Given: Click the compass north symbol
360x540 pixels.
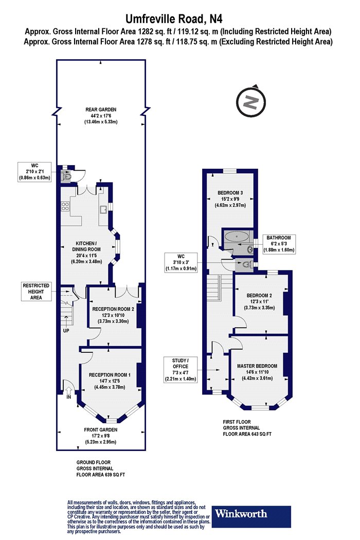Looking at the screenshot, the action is pos(251,102).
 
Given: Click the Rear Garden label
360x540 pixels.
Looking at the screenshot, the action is pos(101,116).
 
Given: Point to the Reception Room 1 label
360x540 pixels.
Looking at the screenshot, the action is pos(110,381).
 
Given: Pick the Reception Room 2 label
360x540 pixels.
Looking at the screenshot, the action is pos(113,315).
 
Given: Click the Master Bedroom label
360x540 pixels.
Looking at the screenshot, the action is pos(257,372).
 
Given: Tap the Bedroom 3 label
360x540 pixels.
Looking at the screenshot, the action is pos(230,199).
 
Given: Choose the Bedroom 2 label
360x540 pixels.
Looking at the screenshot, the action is pos(259,301).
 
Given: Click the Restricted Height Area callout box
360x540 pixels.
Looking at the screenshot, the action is pos(36,292).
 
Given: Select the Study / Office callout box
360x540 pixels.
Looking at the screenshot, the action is pos(180,370).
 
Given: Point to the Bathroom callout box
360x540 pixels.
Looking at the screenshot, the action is pos(279,244).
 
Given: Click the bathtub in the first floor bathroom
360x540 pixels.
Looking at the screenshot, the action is pos(237,237).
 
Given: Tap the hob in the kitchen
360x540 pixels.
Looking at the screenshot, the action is pos(65,206).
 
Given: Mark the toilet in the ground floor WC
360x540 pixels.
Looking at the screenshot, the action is pos(66,177).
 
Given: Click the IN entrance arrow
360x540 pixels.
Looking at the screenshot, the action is pos(68,390).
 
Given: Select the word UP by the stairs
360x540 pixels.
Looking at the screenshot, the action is pos(66,331).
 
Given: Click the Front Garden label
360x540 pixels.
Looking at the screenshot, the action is pos(101,436).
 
